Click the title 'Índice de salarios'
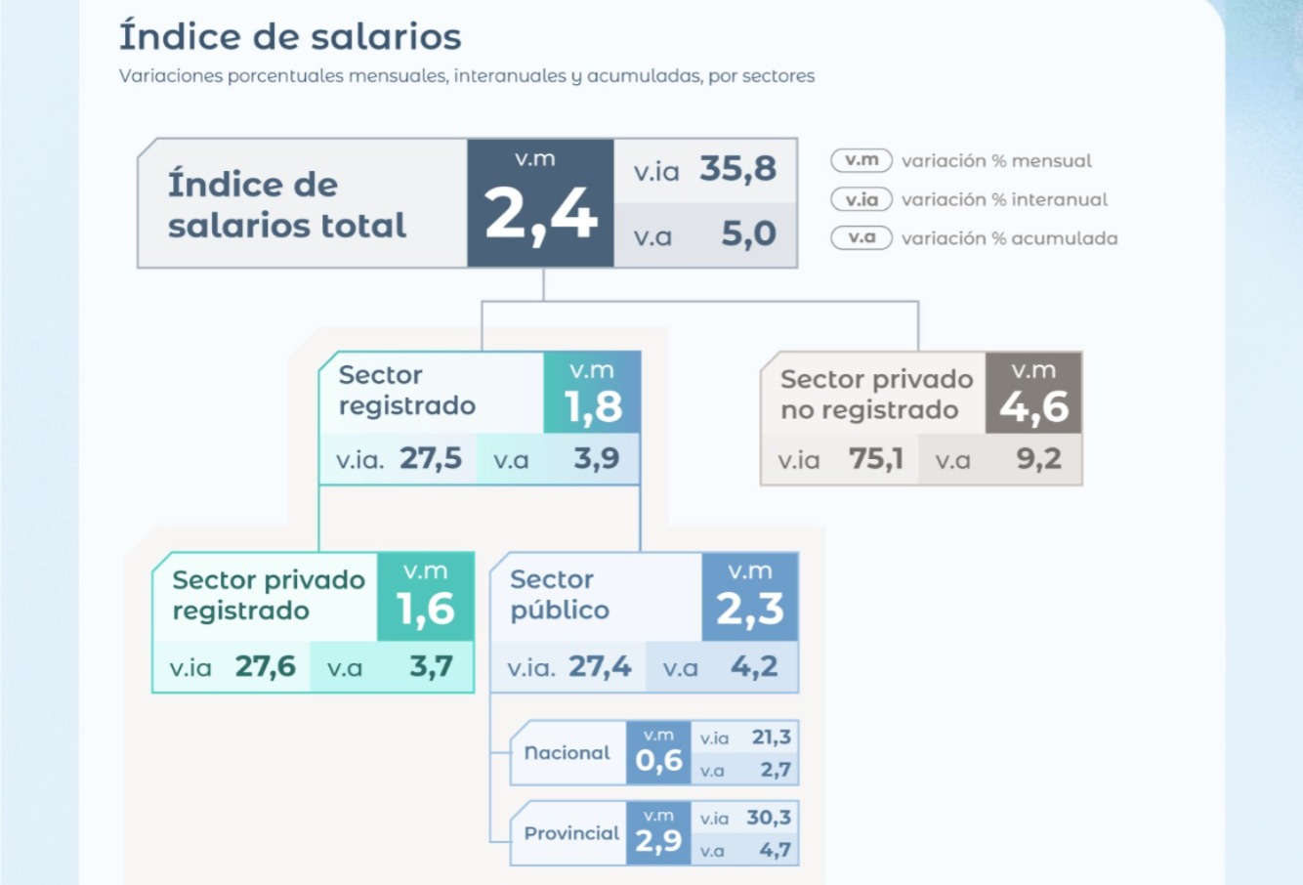coord(290,37)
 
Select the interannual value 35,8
coord(737,169)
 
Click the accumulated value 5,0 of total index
coord(748,234)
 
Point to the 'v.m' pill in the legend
coord(862,160)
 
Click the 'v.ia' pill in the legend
coord(862,199)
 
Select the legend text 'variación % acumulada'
coord(1009,238)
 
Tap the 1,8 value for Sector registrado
coord(593,406)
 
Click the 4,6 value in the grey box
coord(1033,407)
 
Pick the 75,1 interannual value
coord(876,459)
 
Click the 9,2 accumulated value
coord(1038,459)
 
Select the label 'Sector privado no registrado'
coord(875,395)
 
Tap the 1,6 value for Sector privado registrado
coord(426,610)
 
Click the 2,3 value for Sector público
coord(750,610)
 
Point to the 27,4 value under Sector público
coord(600,667)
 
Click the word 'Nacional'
coord(567,753)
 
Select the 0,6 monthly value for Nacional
coord(658,761)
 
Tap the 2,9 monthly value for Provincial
coord(658,841)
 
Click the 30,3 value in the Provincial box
coord(769,818)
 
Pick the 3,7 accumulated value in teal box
coord(431,667)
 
